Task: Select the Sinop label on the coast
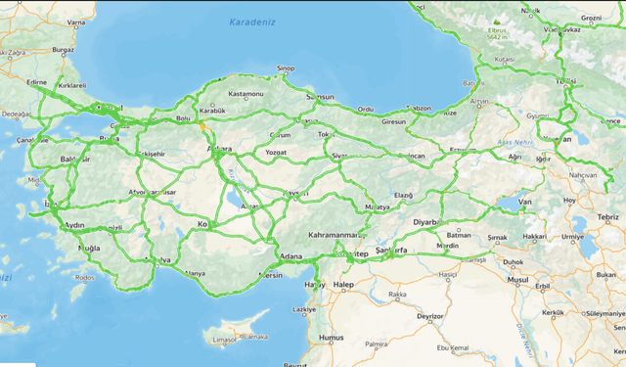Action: click(285, 69)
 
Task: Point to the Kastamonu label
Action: click(246, 94)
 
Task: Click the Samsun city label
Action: click(320, 98)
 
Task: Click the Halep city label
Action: click(342, 285)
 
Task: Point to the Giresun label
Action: click(393, 121)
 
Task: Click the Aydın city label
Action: click(74, 225)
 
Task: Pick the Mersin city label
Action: click(269, 275)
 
